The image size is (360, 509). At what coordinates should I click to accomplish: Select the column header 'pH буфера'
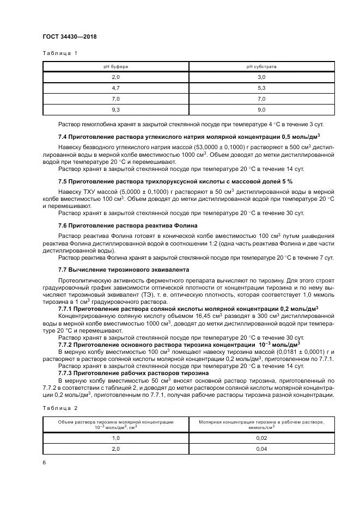[115, 66]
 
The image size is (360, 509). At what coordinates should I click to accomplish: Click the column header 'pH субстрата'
[261, 66]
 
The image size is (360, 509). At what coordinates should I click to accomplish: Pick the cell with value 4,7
[115, 88]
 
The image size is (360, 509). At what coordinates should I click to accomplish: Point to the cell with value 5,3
[261, 88]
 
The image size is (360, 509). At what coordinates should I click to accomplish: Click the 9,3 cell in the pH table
[115, 109]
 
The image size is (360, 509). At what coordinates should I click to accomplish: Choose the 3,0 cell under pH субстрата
[261, 77]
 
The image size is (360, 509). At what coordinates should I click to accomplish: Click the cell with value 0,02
[261, 438]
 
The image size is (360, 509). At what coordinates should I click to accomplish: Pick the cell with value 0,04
[261, 449]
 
